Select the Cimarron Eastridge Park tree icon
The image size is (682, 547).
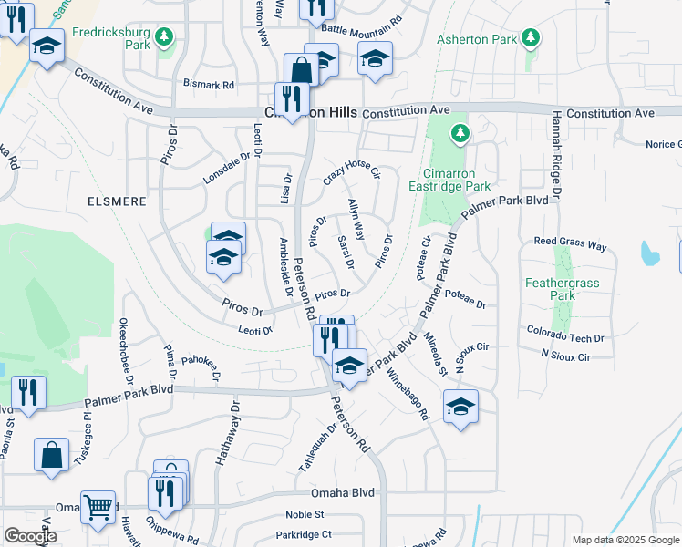[460, 135]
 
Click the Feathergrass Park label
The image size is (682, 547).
[563, 289]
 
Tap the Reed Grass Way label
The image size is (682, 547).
[570, 245]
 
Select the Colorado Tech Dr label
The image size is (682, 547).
[559, 335]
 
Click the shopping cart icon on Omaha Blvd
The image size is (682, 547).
[98, 505]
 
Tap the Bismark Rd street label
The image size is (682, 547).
[208, 84]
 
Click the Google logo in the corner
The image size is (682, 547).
[30, 536]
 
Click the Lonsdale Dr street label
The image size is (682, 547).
[226, 168]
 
